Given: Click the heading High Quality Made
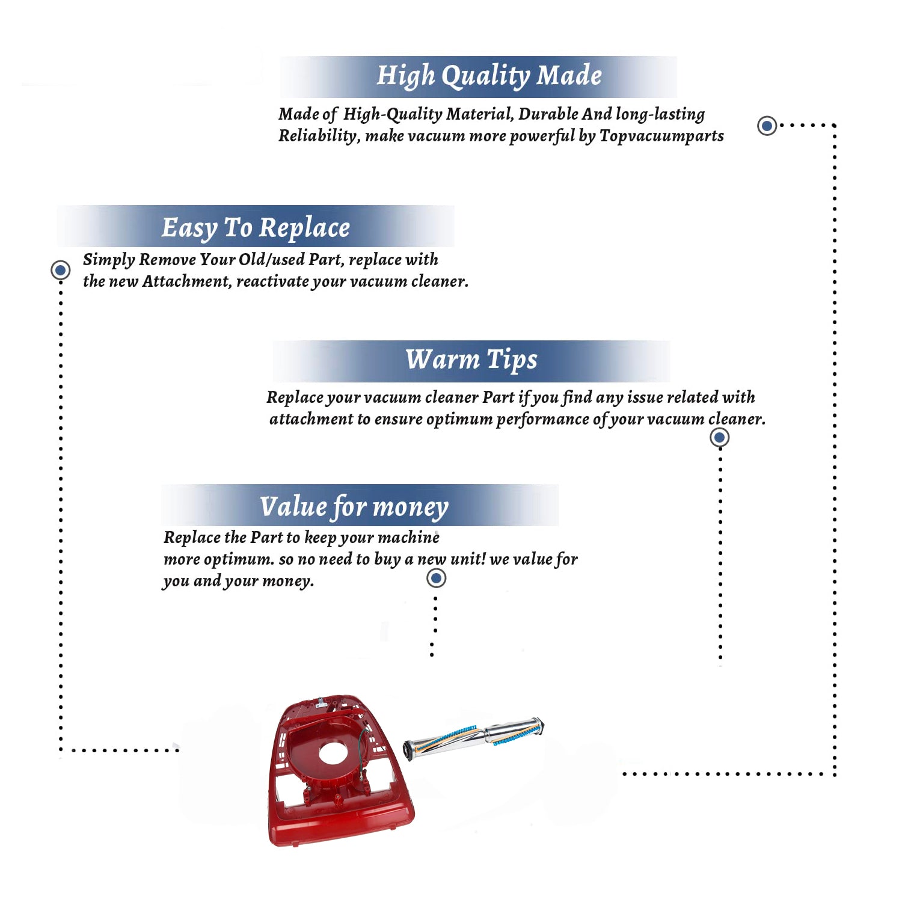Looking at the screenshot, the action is coord(489,76).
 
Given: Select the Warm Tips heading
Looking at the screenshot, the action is coord(471,360).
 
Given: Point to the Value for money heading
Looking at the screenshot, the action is coord(354,507).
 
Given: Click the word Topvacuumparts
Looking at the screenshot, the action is coord(661,137).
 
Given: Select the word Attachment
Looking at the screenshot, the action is coord(186,281).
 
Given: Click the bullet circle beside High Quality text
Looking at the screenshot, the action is coord(767,126).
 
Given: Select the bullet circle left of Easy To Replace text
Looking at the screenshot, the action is coord(60,270).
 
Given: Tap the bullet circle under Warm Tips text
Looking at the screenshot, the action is coord(720,437).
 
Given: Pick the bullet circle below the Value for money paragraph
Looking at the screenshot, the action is coord(436,578).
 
